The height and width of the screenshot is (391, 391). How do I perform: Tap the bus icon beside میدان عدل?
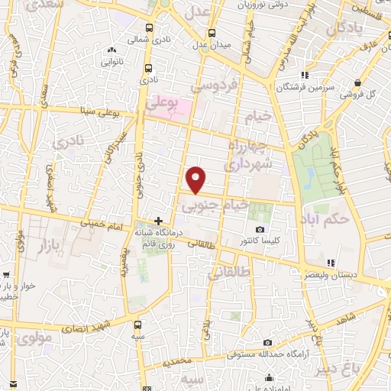click(213, 34)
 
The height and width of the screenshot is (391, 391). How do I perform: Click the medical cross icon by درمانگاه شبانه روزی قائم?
click(158, 221)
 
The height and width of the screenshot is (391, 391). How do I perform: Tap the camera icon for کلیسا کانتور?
click(260, 230)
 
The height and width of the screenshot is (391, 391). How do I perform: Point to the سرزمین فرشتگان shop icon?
click(305, 76)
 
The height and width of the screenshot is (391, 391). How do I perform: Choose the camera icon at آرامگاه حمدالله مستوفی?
click(267, 343)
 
